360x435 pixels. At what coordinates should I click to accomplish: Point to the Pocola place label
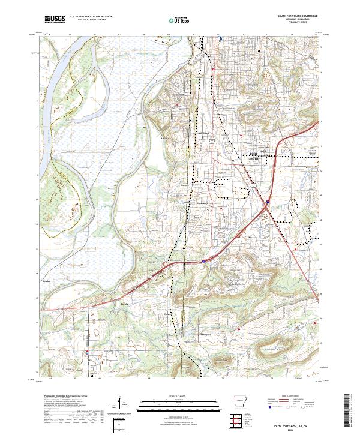(118, 304)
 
